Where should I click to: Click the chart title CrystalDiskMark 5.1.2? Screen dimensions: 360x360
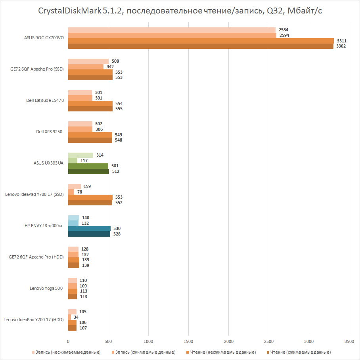pyautogui.click(x=180, y=11)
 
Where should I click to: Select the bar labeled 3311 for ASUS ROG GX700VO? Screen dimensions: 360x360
pyautogui.click(x=201, y=41)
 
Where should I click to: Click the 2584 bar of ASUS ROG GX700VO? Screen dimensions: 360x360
pyautogui.click(x=172, y=30)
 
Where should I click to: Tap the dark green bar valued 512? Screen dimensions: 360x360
pyautogui.click(x=88, y=171)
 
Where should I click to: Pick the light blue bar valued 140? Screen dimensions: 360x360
pyautogui.click(x=74, y=218)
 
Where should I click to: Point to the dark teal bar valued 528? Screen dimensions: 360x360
pyautogui.click(x=89, y=234)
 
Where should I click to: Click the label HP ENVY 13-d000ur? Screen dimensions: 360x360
pyautogui.click(x=44, y=226)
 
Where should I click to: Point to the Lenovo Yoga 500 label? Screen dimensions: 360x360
pyautogui.click(x=46, y=288)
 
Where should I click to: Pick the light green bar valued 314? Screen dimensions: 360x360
pyautogui.click(x=80, y=155)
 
